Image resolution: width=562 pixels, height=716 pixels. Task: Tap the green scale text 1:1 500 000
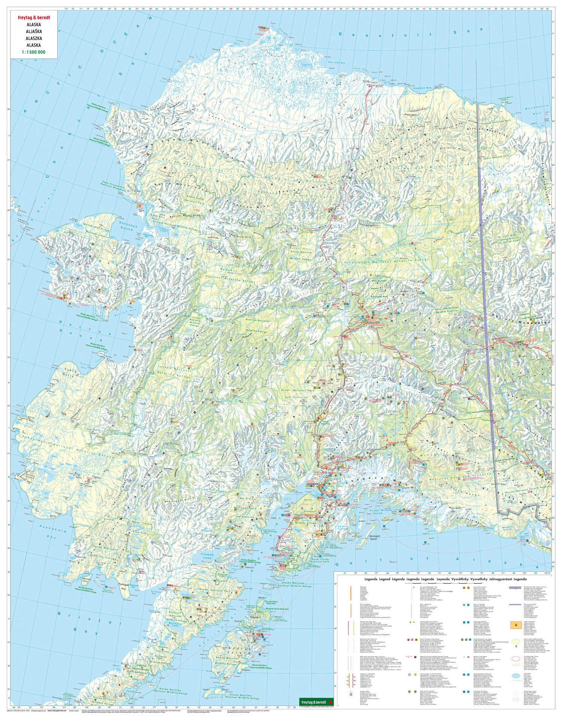point(34,52)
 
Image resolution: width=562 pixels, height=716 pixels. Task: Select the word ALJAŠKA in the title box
point(34,31)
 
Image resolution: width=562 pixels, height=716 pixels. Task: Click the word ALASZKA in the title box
point(34,38)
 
